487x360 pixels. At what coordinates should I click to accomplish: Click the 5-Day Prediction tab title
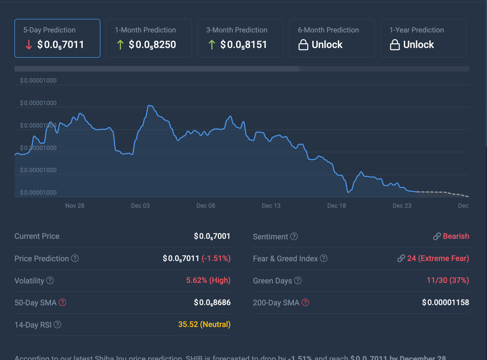49,30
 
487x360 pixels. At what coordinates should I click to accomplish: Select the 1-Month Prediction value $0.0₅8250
152,45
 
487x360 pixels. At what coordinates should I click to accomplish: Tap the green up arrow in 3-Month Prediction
212,45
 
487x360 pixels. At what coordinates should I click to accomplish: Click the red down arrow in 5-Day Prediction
29,45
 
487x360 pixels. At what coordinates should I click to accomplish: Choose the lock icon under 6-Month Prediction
303,45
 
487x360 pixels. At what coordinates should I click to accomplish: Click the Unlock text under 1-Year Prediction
418,45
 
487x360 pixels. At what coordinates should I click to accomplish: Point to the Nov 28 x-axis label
75,206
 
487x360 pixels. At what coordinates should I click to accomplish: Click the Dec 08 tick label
206,206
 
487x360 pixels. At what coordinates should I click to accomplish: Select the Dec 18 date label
336,206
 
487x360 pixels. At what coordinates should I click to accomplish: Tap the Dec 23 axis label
402,206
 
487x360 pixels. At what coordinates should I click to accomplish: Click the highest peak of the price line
150,106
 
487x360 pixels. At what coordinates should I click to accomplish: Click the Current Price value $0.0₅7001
212,236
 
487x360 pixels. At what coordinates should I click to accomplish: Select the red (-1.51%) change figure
216,258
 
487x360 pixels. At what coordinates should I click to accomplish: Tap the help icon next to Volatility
50,281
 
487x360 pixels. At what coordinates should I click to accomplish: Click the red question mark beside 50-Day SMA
62,302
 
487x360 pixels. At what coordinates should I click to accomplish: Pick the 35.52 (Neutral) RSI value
204,324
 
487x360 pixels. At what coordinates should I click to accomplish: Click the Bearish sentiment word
456,236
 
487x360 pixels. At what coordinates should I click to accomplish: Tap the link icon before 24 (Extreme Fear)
401,258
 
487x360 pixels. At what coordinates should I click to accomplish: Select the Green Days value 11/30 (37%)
448,280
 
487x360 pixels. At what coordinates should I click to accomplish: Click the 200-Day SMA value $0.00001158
445,302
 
